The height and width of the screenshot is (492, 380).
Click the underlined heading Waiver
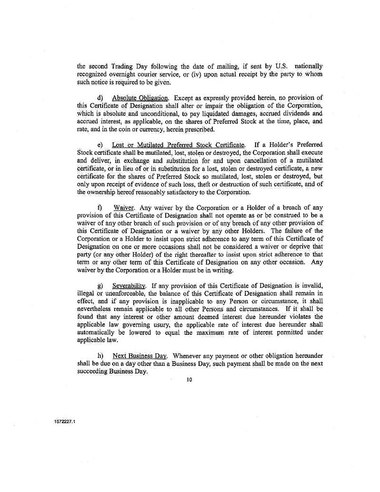124,208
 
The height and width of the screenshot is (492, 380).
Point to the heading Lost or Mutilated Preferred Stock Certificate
179,144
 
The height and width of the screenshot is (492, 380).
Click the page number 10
189,381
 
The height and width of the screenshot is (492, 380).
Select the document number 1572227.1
65,422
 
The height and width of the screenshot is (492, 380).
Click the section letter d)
100,98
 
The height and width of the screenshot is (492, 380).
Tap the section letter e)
100,144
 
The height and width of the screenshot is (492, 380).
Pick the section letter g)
100,286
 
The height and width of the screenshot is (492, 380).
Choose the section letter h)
100,355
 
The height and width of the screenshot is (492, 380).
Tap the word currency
148,129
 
